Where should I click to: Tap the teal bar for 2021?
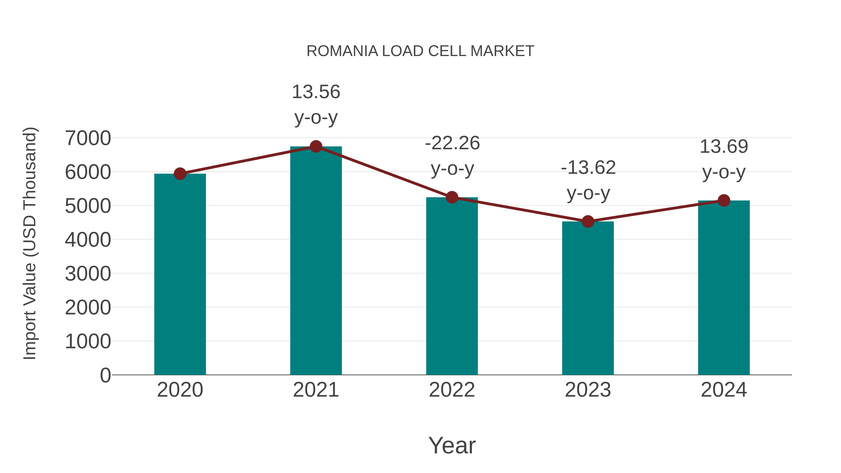pyautogui.click(x=316, y=261)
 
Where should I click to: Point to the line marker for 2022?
pyautogui.click(x=452, y=197)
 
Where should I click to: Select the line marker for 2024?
pyautogui.click(x=724, y=200)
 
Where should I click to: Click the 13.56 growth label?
pyautogui.click(x=316, y=92)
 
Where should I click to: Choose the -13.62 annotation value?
pyautogui.click(x=588, y=167)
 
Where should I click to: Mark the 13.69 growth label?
pyautogui.click(x=724, y=146)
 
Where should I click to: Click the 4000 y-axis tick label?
pyautogui.click(x=88, y=240)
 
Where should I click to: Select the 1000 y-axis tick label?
pyautogui.click(x=88, y=341)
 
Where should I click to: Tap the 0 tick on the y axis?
pyautogui.click(x=105, y=375)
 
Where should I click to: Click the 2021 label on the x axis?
pyautogui.click(x=316, y=390)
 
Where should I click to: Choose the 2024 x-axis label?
pyautogui.click(x=724, y=390)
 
